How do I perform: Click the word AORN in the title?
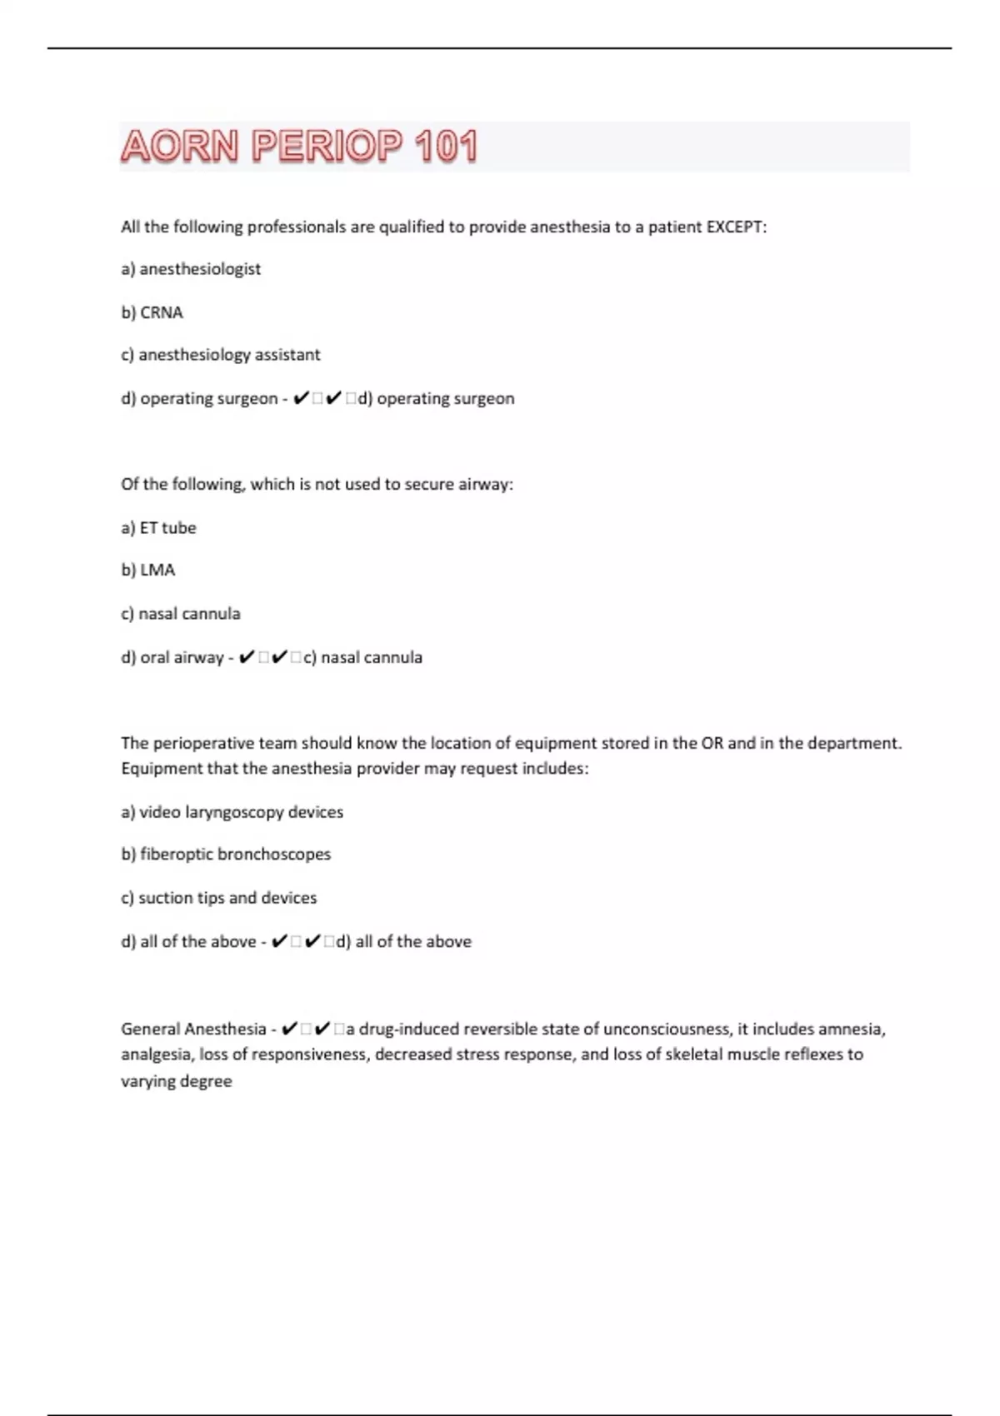(179, 147)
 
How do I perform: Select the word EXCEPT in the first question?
(735, 227)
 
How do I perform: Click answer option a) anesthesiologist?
(191, 269)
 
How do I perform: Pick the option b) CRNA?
(152, 312)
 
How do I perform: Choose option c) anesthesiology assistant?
(221, 355)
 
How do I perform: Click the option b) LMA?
(148, 570)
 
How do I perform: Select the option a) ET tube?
(158, 527)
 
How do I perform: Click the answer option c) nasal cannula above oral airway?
(181, 614)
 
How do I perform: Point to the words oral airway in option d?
(182, 657)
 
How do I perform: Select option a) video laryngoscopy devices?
(232, 812)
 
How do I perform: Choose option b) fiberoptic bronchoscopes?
(226, 855)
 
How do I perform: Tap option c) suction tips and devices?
(219, 898)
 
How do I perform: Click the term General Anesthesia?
(193, 1029)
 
